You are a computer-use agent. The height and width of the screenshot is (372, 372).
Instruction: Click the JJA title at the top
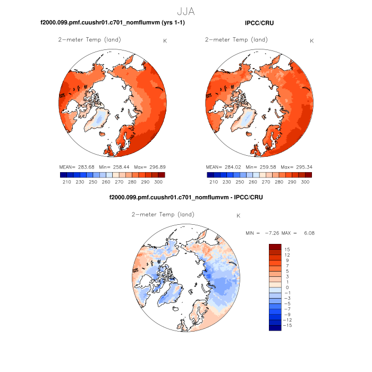186,10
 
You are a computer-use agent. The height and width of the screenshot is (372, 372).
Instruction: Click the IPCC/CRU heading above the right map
260,23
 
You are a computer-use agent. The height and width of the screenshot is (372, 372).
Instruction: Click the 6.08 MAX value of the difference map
308,233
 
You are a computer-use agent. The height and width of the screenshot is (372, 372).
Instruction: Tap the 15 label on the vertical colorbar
286,249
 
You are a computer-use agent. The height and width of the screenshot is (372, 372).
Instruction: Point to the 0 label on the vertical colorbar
287,288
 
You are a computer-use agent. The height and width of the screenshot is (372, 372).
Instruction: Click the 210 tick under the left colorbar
67,182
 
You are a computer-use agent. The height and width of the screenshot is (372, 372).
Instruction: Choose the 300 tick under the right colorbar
305,182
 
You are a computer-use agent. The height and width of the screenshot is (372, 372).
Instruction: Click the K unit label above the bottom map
239,216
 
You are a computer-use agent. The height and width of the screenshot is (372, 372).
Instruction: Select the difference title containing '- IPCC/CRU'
185,197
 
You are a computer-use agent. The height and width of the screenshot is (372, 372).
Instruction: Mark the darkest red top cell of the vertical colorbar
275,247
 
